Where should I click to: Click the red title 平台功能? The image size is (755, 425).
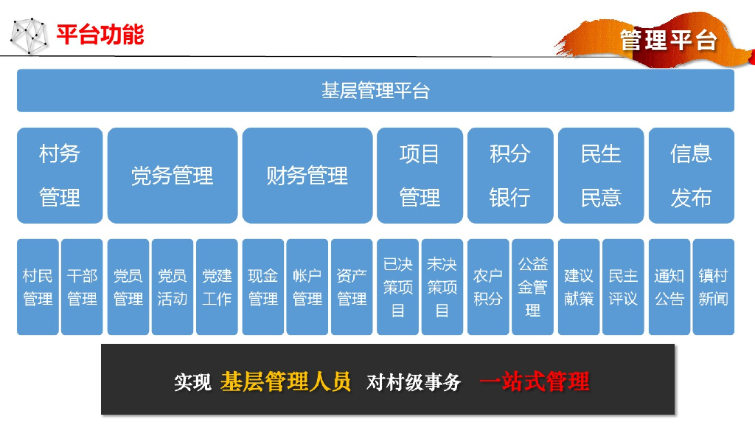point(100,34)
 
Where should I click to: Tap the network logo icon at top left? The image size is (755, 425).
point(28,35)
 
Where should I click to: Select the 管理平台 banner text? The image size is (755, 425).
point(668,40)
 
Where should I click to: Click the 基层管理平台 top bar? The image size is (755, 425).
point(375,91)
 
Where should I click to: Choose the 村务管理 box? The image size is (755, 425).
point(60,176)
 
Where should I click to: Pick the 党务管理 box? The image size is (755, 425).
point(173,176)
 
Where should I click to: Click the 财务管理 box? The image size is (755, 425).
point(307,176)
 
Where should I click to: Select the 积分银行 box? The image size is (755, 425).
point(510,176)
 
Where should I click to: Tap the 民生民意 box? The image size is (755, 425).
point(601,176)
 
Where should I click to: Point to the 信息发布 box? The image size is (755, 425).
point(691,176)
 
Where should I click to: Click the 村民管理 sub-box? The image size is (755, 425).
point(38,287)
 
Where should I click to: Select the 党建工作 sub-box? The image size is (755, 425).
point(217,287)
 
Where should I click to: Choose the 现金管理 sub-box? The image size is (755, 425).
point(262,287)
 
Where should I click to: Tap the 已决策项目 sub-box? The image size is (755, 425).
point(397,287)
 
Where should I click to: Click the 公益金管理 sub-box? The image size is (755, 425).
point(532,287)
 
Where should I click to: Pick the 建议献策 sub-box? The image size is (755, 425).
point(579,287)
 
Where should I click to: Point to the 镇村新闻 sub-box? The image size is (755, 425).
point(713,287)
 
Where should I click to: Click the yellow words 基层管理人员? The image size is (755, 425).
point(285,381)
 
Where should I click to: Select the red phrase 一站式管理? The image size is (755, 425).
point(535,381)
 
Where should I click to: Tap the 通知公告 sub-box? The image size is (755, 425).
point(669,287)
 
